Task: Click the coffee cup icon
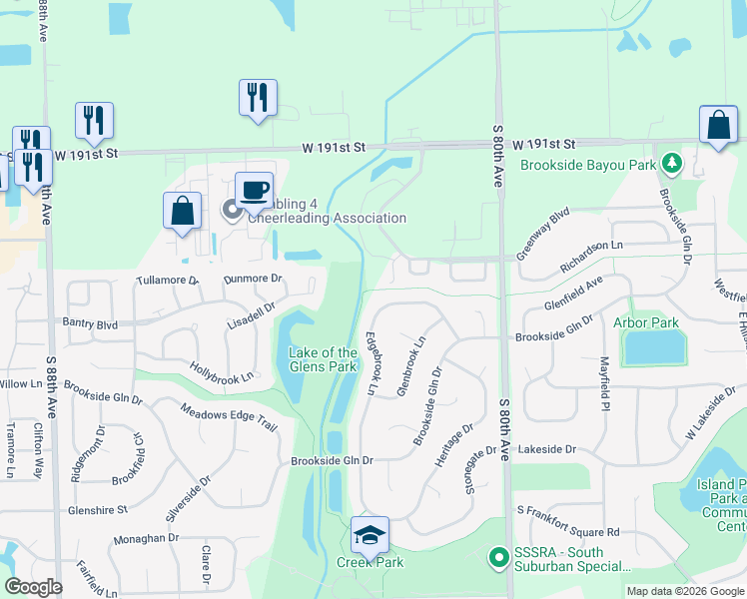(254, 189)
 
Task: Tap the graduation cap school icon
(370, 535)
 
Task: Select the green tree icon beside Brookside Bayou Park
(673, 162)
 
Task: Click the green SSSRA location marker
(497, 556)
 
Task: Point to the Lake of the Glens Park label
(323, 359)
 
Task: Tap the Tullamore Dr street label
(168, 282)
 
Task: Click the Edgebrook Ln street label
(372, 363)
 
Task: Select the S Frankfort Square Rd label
(568, 532)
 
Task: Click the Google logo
(33, 587)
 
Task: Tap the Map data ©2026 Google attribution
(683, 591)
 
